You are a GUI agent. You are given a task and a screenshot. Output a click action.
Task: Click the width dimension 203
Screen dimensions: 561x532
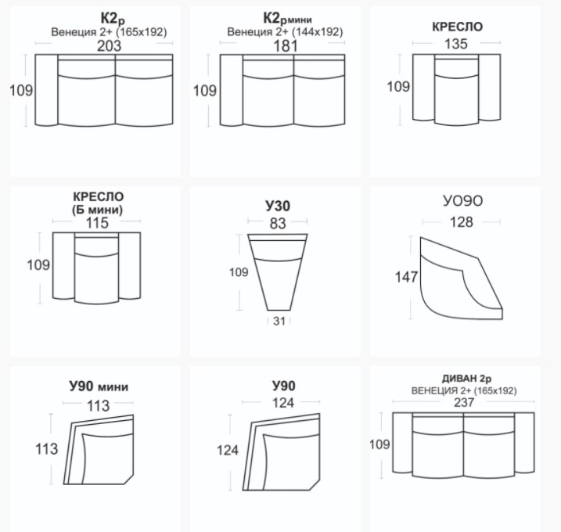point(109,46)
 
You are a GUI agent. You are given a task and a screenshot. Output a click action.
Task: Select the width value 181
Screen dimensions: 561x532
point(285,46)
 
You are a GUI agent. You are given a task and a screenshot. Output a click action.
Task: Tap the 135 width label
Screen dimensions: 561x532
point(456,44)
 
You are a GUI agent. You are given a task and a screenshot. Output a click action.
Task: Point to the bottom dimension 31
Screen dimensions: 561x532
point(279,321)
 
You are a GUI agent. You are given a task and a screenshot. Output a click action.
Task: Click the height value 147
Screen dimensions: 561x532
point(406,277)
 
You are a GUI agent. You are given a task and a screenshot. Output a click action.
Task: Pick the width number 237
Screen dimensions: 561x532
point(464,402)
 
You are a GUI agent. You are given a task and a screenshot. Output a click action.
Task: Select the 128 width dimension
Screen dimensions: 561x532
point(461,222)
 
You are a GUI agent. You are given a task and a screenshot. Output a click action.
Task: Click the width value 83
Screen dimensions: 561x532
point(278,223)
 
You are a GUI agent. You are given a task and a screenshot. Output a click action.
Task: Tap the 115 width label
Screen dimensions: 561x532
point(97,223)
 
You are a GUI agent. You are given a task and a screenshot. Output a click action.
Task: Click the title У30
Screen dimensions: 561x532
point(278,206)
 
